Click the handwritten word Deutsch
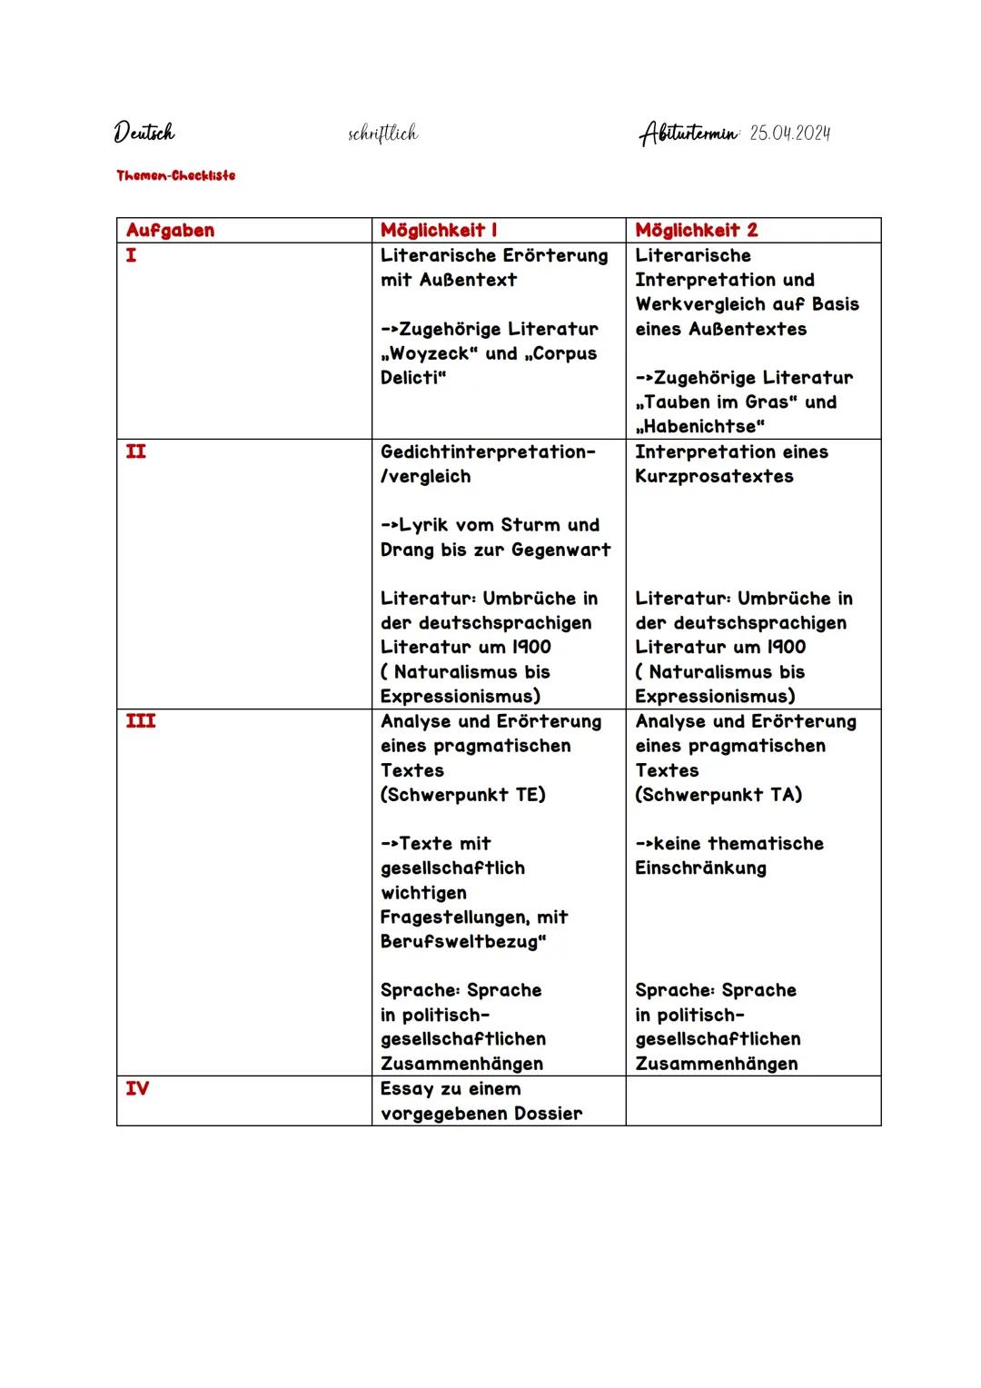tap(144, 134)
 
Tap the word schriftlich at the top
tap(382, 134)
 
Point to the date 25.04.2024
tap(790, 134)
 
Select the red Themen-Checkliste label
tap(175, 175)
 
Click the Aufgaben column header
tap(171, 231)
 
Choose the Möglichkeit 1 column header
tap(439, 231)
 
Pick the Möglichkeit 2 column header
tap(696, 231)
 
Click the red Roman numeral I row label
tap(132, 255)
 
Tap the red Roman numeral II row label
tap(135, 451)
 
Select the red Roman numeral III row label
tap(141, 721)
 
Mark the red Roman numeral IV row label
tap(137, 1088)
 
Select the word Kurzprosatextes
tap(714, 476)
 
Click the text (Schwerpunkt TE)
tap(463, 795)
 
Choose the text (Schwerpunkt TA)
tap(718, 795)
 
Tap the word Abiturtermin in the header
tap(689, 134)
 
